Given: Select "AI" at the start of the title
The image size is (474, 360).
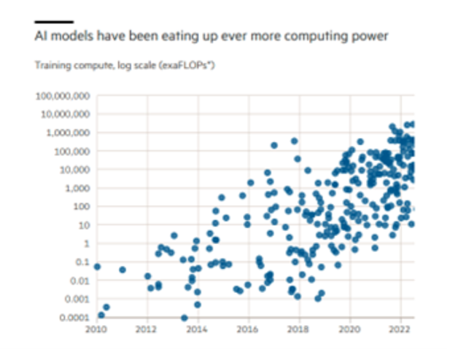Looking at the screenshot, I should [41, 35].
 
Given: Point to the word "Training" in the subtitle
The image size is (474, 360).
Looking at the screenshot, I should [49, 66].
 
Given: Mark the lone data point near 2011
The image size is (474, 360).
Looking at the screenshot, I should [123, 270].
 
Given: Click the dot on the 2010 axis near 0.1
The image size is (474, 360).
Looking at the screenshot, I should [98, 267].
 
